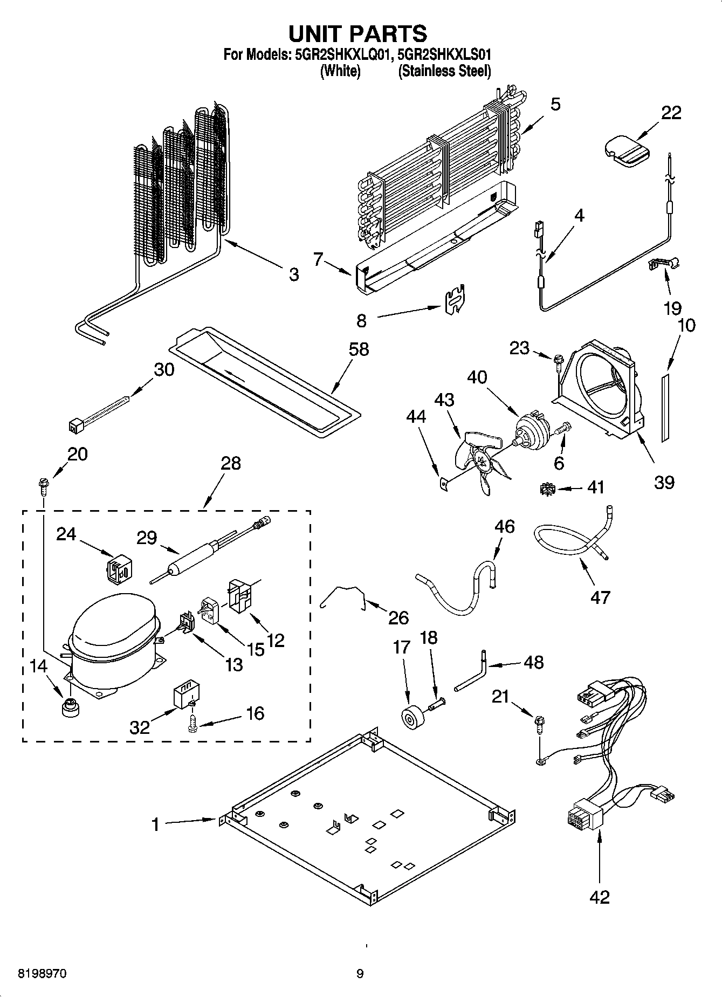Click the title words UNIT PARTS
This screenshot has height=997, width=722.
tap(358, 33)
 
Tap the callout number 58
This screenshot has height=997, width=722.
tap(359, 349)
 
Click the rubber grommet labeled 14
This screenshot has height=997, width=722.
tap(69, 707)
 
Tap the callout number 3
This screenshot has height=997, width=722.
tap(293, 274)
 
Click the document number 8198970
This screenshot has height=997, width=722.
tap(43, 974)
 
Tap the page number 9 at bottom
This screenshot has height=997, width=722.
tap(360, 974)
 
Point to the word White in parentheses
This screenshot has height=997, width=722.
tap(340, 71)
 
